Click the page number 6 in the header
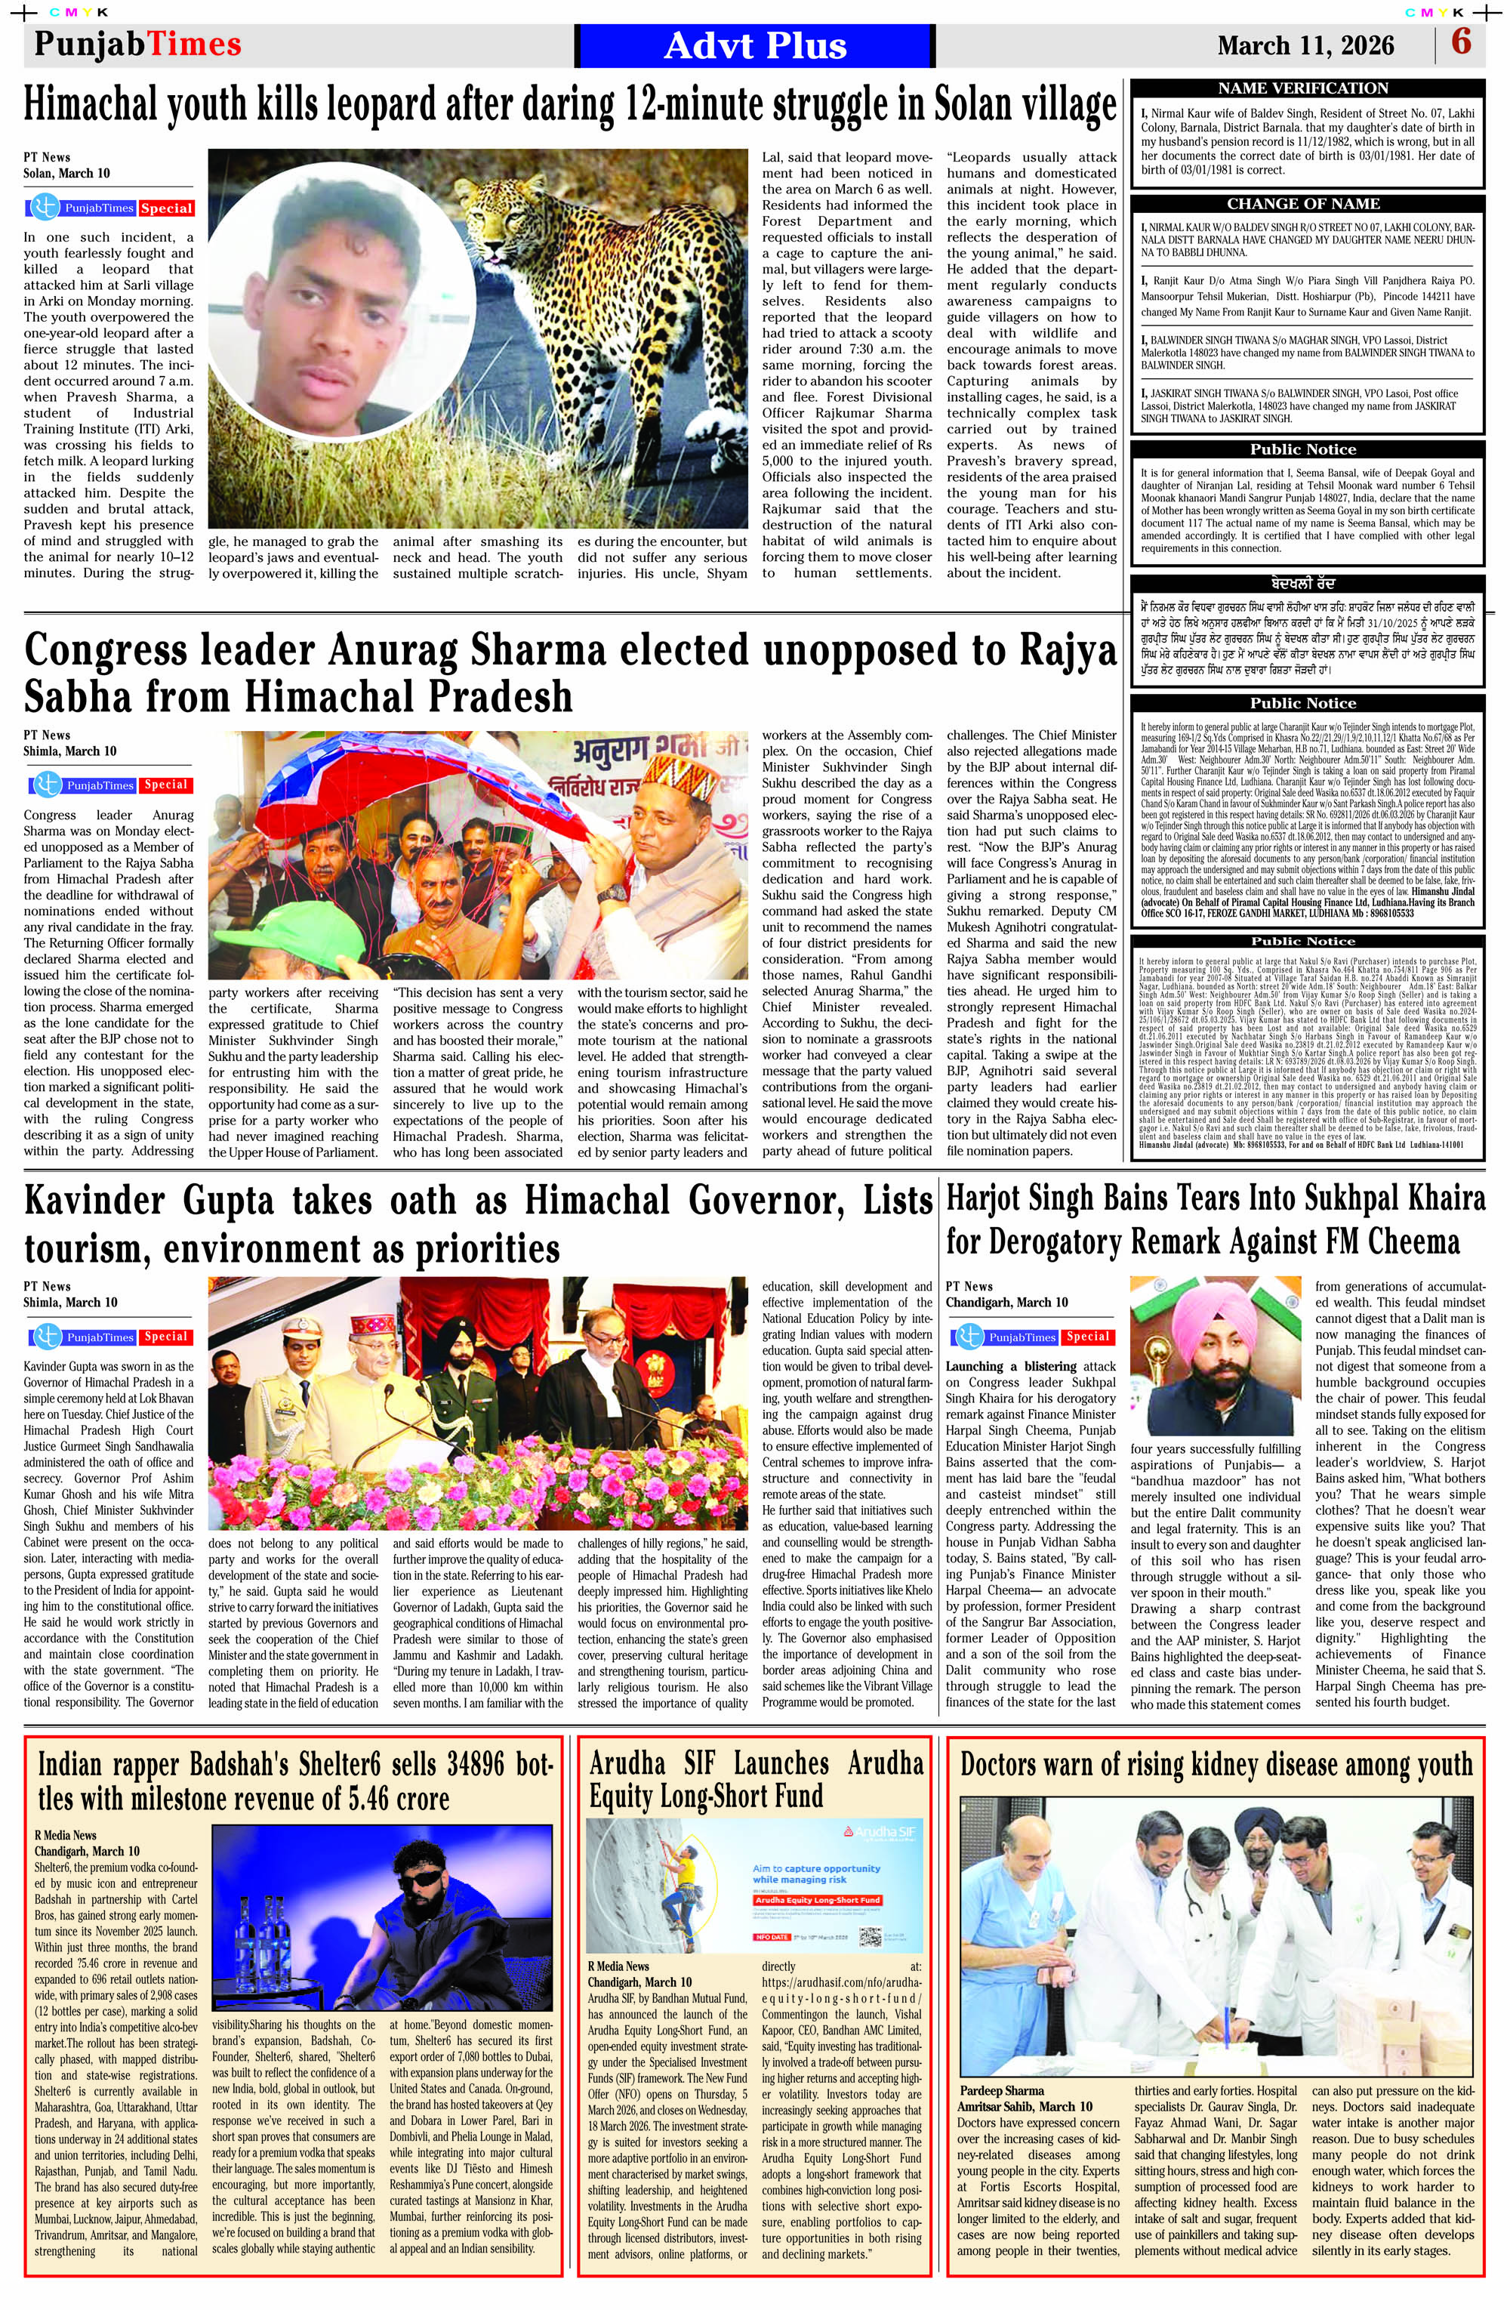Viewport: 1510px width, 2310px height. (1460, 44)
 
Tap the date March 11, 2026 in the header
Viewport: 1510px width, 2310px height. (1305, 45)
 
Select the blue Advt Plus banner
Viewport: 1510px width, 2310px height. (755, 45)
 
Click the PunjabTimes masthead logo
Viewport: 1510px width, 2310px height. (138, 45)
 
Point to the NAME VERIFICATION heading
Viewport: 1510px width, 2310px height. (1303, 88)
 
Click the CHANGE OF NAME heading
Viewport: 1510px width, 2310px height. (1303, 204)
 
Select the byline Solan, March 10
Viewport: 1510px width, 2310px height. (67, 174)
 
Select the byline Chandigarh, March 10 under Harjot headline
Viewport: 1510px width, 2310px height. (1006, 1303)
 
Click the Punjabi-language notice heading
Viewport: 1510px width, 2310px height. (1303, 584)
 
